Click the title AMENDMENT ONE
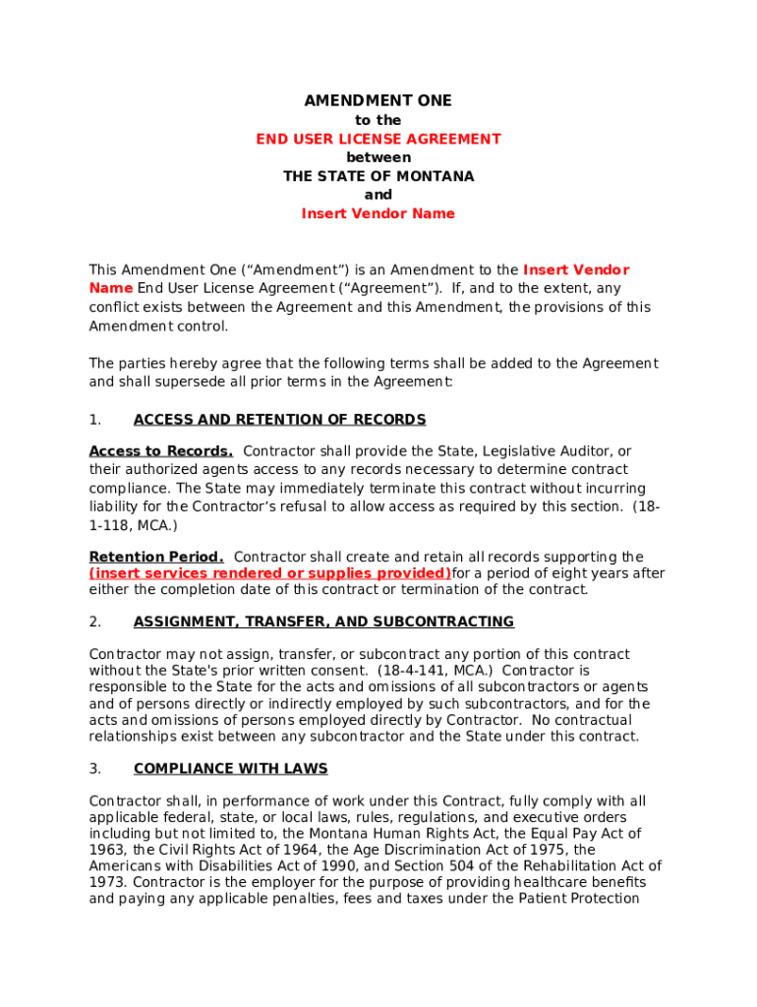(378, 101)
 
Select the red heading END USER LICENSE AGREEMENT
(378, 140)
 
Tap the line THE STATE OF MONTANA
(378, 177)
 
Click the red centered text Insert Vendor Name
(378, 214)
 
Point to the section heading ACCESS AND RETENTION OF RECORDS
(279, 420)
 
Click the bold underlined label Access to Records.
(160, 451)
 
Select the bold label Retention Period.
(156, 558)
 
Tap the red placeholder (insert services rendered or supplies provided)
(270, 573)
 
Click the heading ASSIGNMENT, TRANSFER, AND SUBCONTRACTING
(323, 622)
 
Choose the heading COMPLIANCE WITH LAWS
(230, 769)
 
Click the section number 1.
(95, 420)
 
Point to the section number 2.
(95, 622)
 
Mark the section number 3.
(95, 769)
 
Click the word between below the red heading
(378, 158)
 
